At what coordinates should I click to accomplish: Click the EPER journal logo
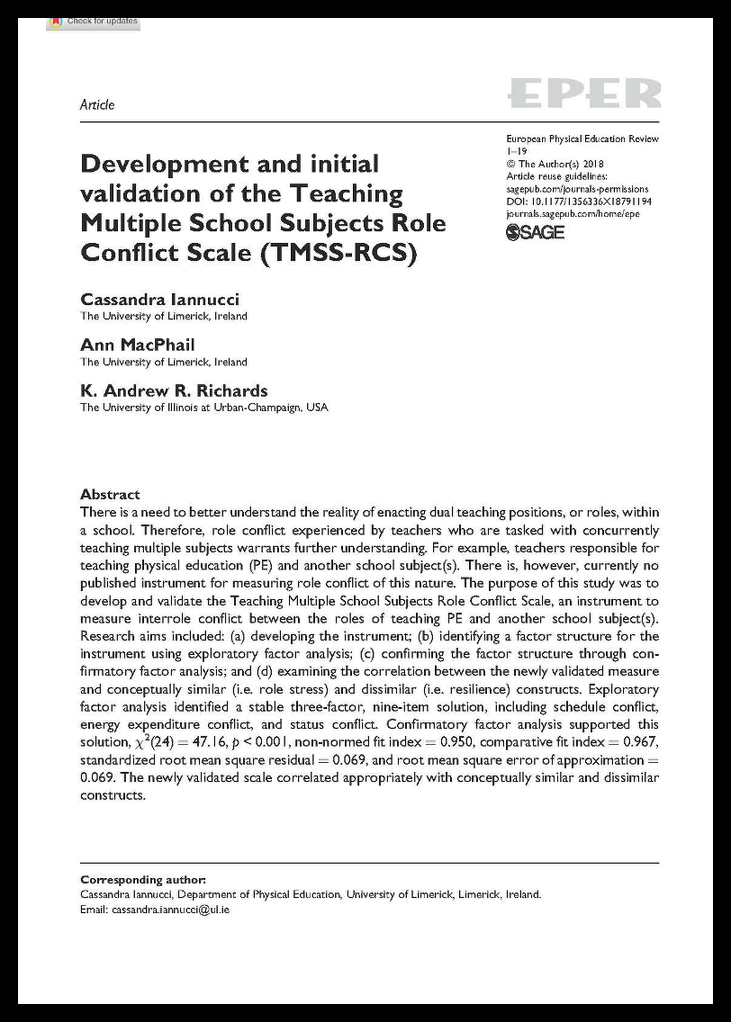pyautogui.click(x=583, y=94)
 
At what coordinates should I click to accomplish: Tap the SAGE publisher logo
pyautogui.click(x=536, y=232)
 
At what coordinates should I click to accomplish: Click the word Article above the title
pyautogui.click(x=97, y=104)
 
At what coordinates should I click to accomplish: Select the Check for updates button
pyautogui.click(x=94, y=21)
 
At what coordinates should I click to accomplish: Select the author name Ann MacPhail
pyautogui.click(x=137, y=345)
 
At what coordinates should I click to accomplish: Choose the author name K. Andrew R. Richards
pyautogui.click(x=174, y=390)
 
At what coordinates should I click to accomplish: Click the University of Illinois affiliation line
pyautogui.click(x=204, y=408)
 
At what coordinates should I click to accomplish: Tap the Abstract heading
pyautogui.click(x=110, y=494)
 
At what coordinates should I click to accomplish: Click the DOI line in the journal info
pyautogui.click(x=579, y=202)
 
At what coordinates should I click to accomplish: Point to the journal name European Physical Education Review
pyautogui.click(x=582, y=139)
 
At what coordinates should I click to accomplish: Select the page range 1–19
pyautogui.click(x=516, y=152)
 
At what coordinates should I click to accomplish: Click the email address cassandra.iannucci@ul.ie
pyautogui.click(x=170, y=910)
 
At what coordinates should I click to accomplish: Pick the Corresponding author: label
pyautogui.click(x=143, y=879)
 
